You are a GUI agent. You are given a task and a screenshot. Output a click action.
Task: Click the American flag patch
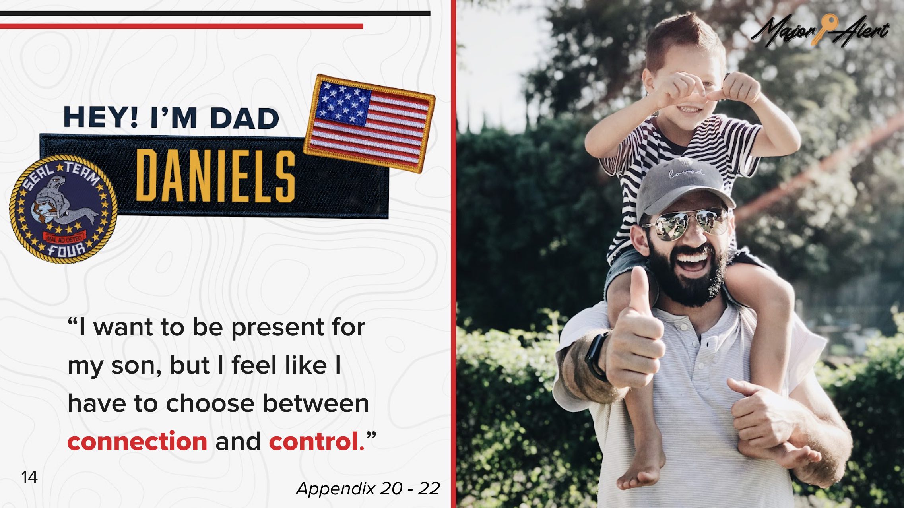click(369, 123)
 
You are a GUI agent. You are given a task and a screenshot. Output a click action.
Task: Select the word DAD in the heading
click(244, 118)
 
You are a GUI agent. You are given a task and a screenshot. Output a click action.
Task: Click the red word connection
click(137, 441)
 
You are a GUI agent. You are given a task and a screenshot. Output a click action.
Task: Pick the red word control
click(316, 441)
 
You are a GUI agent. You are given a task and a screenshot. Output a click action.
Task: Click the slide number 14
click(29, 477)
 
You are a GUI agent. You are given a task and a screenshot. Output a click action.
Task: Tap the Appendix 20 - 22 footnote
click(368, 489)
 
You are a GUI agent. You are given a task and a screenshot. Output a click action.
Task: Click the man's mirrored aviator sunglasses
click(685, 223)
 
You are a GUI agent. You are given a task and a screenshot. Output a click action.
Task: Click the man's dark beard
click(690, 278)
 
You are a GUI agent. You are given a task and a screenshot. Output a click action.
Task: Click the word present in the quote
click(277, 328)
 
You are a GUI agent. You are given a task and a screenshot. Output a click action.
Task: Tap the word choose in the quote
click(210, 403)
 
